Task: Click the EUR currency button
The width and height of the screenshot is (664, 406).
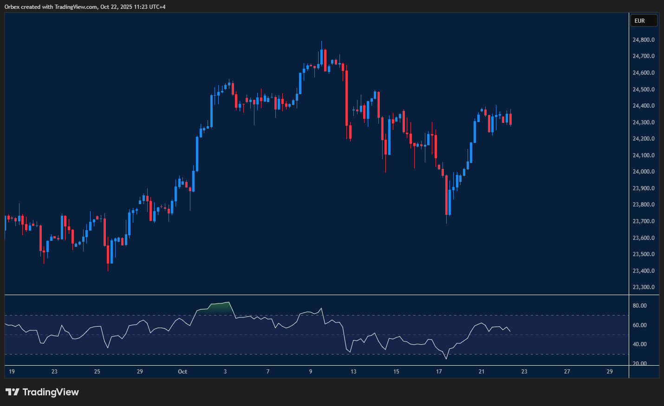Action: click(643, 21)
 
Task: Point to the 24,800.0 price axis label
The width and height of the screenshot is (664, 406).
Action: click(644, 40)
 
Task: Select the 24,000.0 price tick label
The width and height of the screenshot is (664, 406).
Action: click(644, 172)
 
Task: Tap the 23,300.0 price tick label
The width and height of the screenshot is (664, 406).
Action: click(644, 287)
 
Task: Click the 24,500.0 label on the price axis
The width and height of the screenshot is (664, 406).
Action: click(644, 90)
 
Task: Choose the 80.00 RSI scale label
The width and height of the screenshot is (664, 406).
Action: click(639, 306)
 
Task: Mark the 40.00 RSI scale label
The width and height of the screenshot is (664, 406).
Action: click(639, 344)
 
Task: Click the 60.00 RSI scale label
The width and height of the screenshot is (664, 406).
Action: click(639, 325)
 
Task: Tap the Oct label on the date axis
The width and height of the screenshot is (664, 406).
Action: click(182, 372)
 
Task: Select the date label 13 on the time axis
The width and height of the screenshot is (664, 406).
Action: click(353, 372)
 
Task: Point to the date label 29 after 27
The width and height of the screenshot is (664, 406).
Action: click(610, 372)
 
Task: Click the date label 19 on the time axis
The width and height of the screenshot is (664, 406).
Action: click(12, 372)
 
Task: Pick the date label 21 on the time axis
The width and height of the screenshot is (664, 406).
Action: click(482, 372)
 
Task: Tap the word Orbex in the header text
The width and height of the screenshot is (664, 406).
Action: click(12, 7)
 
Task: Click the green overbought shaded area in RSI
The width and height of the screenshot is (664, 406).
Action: click(218, 308)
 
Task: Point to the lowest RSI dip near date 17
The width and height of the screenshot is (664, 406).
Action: click(447, 358)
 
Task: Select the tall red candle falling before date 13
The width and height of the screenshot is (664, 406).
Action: click(346, 97)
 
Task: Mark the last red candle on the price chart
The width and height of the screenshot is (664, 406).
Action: click(510, 119)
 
